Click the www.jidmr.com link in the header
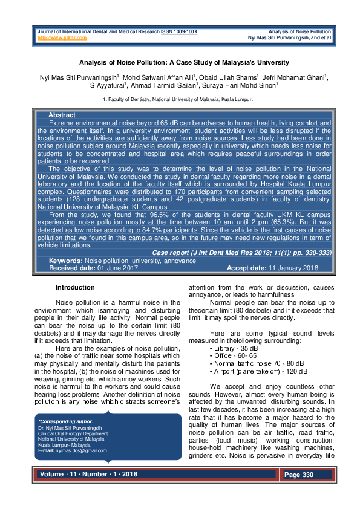click(x=62, y=37)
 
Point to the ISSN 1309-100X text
click(x=179, y=31)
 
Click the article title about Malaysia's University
click(x=180, y=62)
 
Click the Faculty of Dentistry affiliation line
click(x=178, y=99)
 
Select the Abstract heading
click(x=62, y=115)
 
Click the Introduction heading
click(x=75, y=287)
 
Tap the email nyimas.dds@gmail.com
click(x=81, y=450)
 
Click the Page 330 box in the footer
click(x=299, y=475)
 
